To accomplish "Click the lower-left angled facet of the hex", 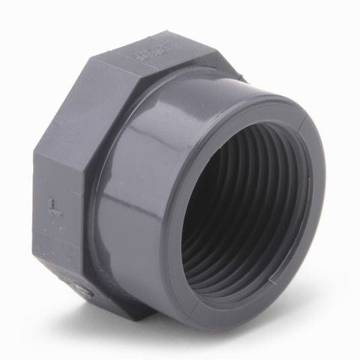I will coord(61,270).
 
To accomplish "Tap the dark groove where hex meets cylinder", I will coord(95,203).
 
